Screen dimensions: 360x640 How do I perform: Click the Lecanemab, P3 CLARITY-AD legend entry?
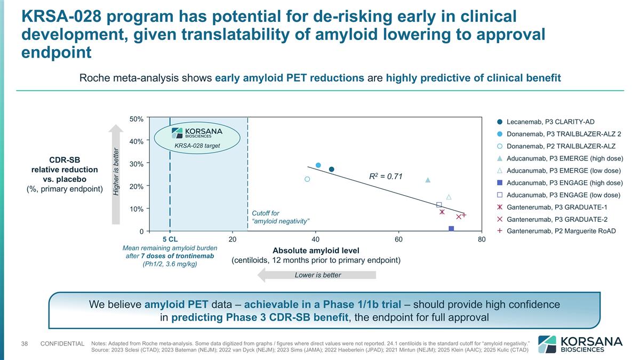(x=550, y=122)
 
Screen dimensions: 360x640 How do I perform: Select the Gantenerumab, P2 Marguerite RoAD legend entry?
(x=561, y=231)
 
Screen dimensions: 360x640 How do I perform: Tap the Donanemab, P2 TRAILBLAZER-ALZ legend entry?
(x=561, y=146)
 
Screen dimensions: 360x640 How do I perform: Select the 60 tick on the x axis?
(x=398, y=240)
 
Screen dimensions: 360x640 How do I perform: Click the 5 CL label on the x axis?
(x=170, y=240)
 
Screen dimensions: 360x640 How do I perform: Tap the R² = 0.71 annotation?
(x=386, y=176)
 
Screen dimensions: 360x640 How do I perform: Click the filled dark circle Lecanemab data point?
(x=331, y=169)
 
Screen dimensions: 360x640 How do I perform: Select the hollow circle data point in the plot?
(x=307, y=179)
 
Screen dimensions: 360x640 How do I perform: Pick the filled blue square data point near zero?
(x=451, y=229)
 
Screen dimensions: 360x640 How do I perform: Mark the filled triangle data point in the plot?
(x=428, y=180)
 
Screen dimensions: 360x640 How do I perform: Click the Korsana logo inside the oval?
(x=197, y=133)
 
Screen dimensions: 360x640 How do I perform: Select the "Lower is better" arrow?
(x=317, y=275)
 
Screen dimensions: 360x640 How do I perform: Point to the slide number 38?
(x=24, y=343)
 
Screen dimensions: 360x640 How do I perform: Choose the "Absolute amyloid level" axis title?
(x=316, y=250)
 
